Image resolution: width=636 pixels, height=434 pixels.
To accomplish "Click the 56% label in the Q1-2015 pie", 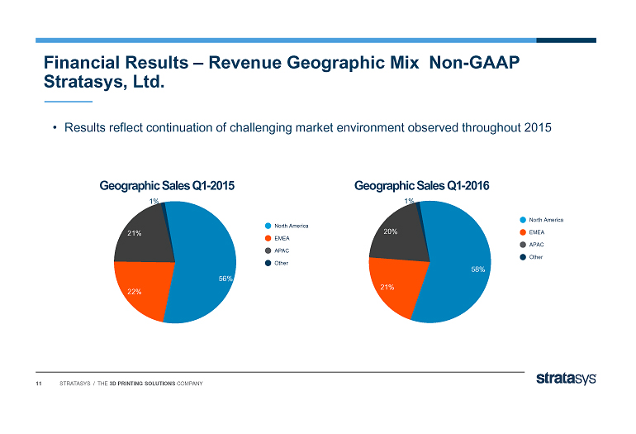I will (x=225, y=279).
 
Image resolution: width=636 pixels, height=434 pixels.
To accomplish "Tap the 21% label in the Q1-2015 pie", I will (x=135, y=233).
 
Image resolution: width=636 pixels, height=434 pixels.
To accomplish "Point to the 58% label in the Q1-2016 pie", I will (x=477, y=269).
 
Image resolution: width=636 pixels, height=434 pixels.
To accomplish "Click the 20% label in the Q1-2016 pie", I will (x=391, y=231).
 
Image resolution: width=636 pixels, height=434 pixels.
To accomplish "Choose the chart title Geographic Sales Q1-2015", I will (x=167, y=187).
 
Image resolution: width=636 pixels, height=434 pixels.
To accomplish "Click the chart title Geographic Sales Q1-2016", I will (x=422, y=186).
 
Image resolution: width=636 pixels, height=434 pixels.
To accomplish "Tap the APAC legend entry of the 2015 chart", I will (x=282, y=250).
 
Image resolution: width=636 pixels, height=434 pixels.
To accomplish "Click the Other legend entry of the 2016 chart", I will (x=536, y=257).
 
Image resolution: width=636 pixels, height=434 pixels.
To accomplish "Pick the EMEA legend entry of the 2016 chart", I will (x=536, y=232).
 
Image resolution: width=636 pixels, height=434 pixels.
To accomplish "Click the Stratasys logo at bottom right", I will (x=566, y=379).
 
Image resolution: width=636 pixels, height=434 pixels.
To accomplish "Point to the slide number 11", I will (x=38, y=384).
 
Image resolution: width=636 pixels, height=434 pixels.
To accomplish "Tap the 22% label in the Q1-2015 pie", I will (x=135, y=292).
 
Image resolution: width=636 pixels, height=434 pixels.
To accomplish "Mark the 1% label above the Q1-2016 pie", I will (x=409, y=201).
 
